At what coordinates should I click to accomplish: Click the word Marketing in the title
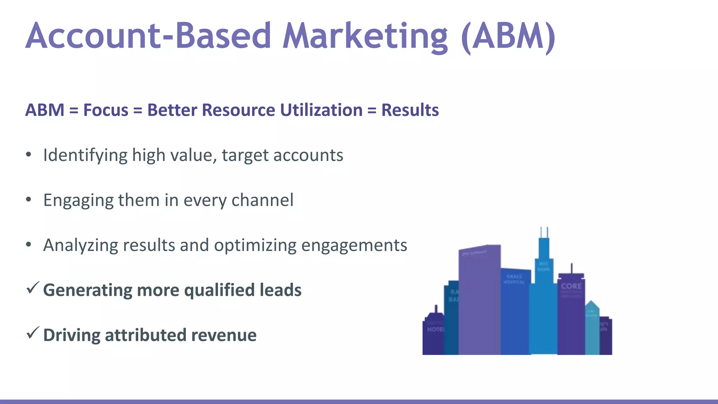365,36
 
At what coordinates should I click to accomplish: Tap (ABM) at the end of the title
508,36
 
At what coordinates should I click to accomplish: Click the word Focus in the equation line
106,110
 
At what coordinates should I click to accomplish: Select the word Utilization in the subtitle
321,110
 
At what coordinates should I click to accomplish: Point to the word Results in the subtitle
410,110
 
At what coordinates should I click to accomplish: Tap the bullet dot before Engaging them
29,200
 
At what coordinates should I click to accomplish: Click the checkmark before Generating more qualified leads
33,288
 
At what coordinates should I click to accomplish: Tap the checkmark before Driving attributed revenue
33,333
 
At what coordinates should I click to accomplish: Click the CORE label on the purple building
571,287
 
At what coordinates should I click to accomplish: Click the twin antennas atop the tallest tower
544,232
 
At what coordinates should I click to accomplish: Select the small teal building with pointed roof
592,328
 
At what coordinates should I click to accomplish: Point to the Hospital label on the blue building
514,280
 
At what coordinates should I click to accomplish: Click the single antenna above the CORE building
572,268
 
